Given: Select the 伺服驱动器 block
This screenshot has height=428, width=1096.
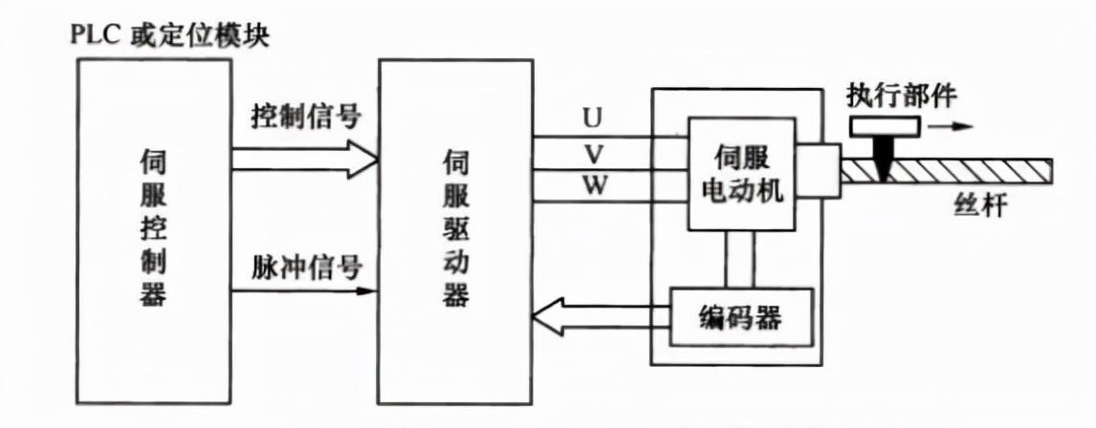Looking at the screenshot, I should click(455, 229).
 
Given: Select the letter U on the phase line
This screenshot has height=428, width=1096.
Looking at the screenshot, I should click(592, 119).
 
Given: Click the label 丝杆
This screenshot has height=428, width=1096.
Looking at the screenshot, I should click(980, 204).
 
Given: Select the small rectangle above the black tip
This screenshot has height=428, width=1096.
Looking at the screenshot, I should click(882, 126).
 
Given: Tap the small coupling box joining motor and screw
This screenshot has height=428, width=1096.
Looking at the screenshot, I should click(819, 172).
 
